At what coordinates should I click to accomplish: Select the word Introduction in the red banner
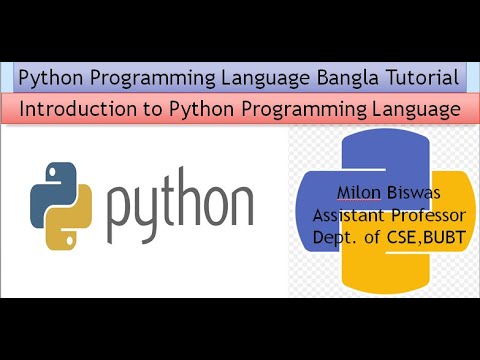tap(78, 108)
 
